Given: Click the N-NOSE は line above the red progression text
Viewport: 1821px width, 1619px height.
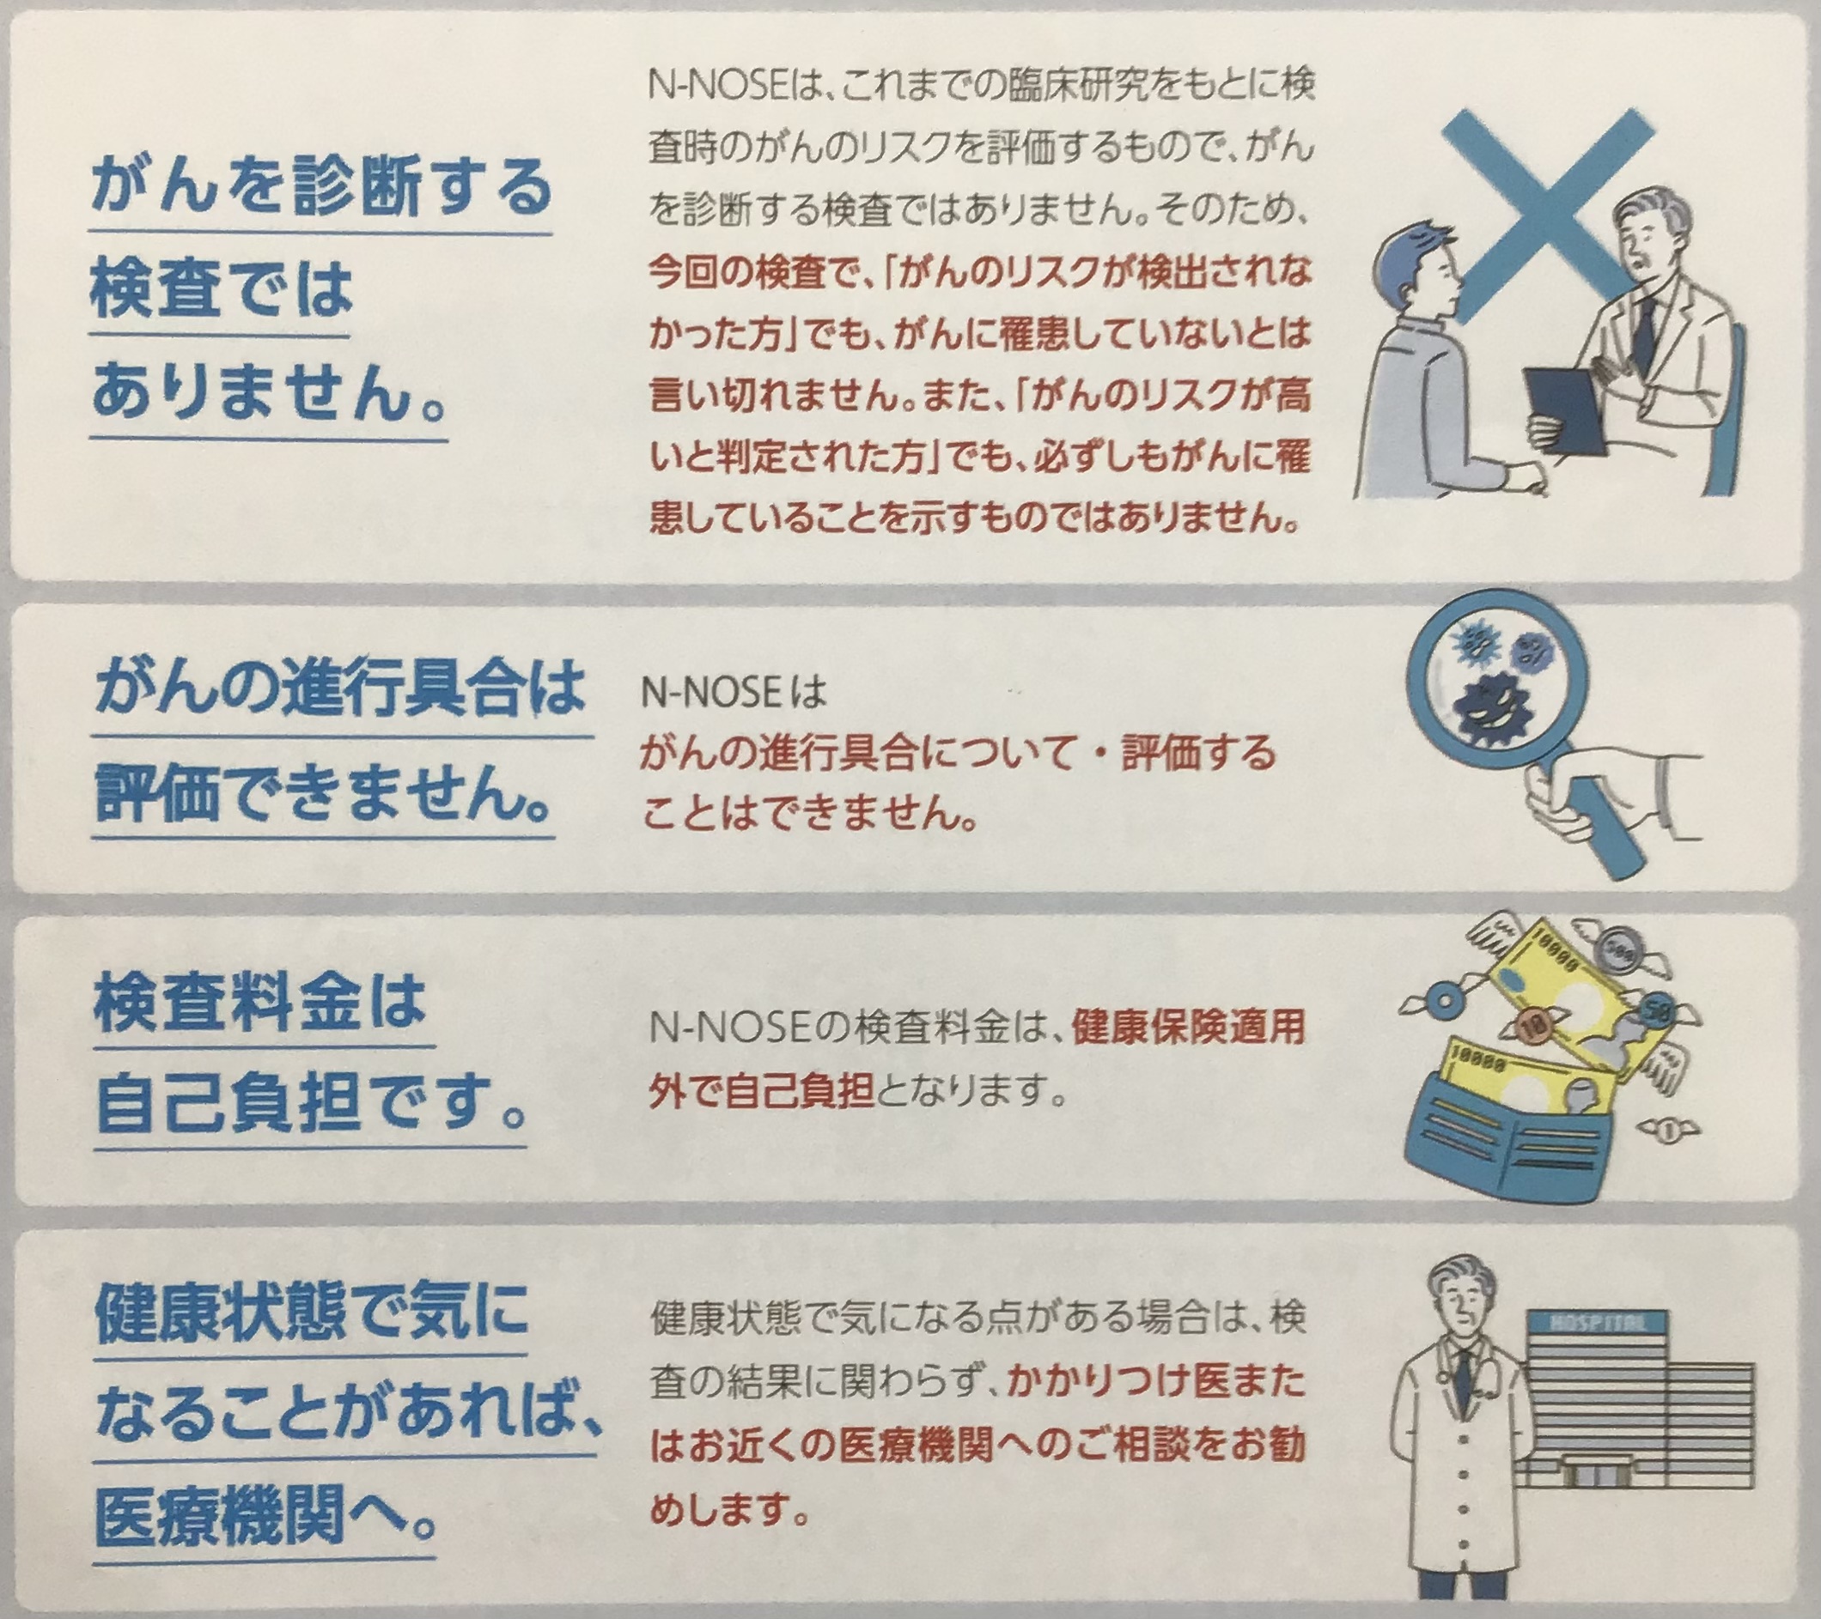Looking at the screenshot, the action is [734, 692].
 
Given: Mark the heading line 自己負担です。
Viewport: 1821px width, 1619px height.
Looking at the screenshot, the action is [308, 1104].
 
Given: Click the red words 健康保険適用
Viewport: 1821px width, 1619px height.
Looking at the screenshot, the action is [1190, 1028].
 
